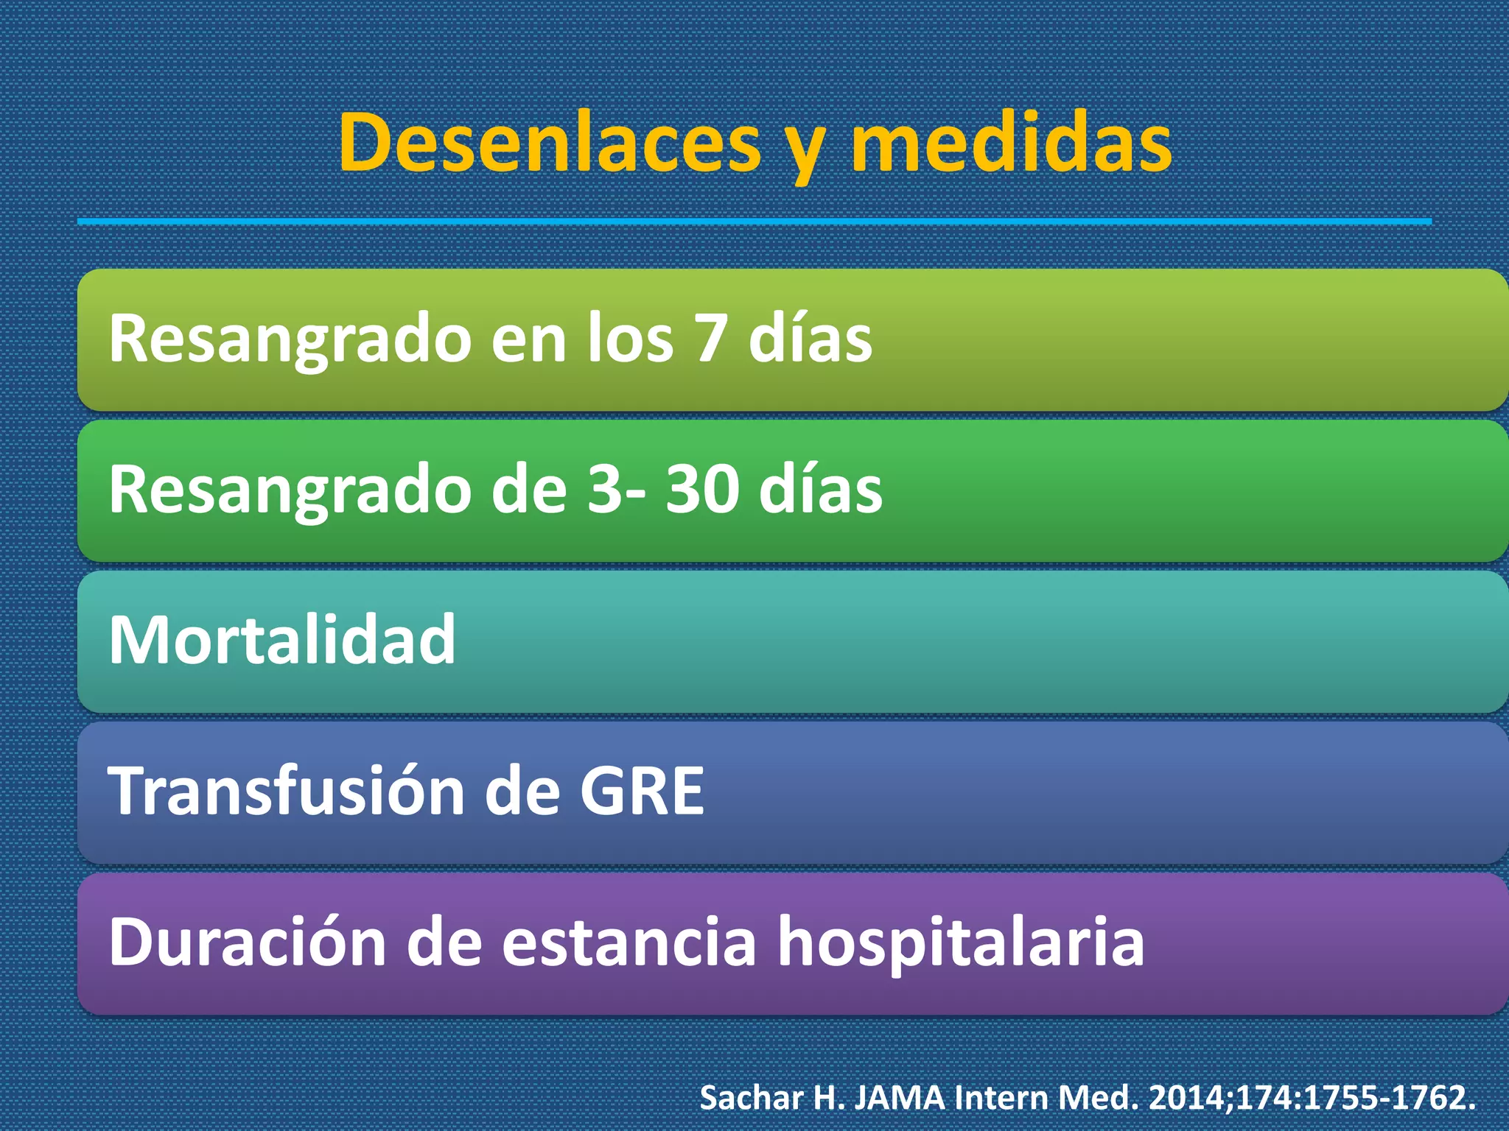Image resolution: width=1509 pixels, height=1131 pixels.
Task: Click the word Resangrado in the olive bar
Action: [x=290, y=340]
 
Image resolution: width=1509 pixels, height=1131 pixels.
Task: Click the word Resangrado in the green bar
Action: [x=290, y=492]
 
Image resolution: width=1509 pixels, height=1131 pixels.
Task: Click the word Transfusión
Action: [x=285, y=791]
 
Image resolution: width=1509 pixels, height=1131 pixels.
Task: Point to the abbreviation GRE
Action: [x=642, y=791]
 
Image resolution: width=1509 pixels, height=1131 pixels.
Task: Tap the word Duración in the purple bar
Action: [x=248, y=942]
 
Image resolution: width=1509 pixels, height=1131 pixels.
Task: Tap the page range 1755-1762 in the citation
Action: [x=1386, y=1098]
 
